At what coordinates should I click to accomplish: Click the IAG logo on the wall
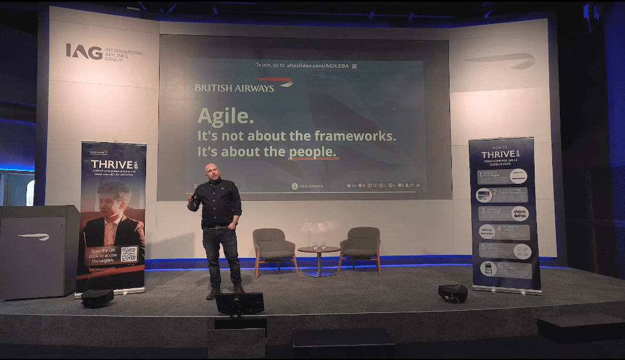tap(85, 52)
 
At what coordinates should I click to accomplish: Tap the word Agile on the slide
tap(225, 116)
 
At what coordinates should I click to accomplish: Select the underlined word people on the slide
tap(312, 152)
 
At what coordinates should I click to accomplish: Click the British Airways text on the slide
tap(234, 88)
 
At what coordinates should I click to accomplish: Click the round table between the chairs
tap(319, 251)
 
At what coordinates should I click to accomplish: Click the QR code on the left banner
tap(129, 254)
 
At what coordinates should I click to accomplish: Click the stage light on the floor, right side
tap(452, 292)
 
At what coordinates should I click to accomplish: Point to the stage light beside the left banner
tap(97, 297)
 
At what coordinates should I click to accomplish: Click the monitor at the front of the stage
tap(239, 303)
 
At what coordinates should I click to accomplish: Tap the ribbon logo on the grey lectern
tap(33, 237)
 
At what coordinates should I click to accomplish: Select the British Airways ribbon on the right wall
tap(499, 60)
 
